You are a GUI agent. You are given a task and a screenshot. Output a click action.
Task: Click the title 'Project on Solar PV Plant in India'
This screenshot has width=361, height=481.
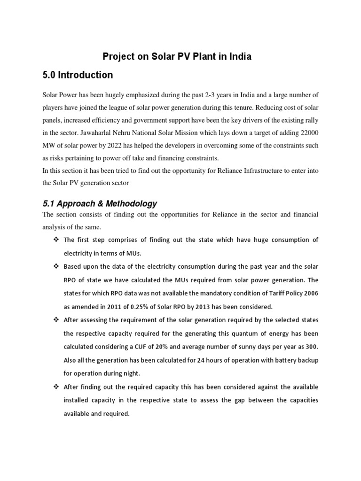[x=177, y=57]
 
